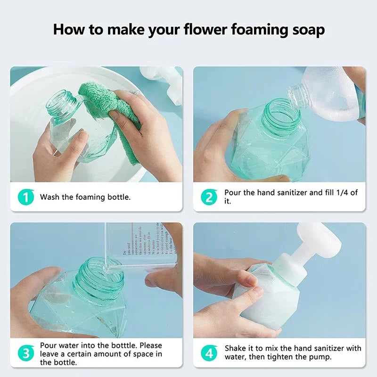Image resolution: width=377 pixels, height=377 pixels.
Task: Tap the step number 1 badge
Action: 26,197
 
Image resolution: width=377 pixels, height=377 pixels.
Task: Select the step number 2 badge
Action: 209,197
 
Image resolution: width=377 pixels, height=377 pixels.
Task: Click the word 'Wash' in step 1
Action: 50,197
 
